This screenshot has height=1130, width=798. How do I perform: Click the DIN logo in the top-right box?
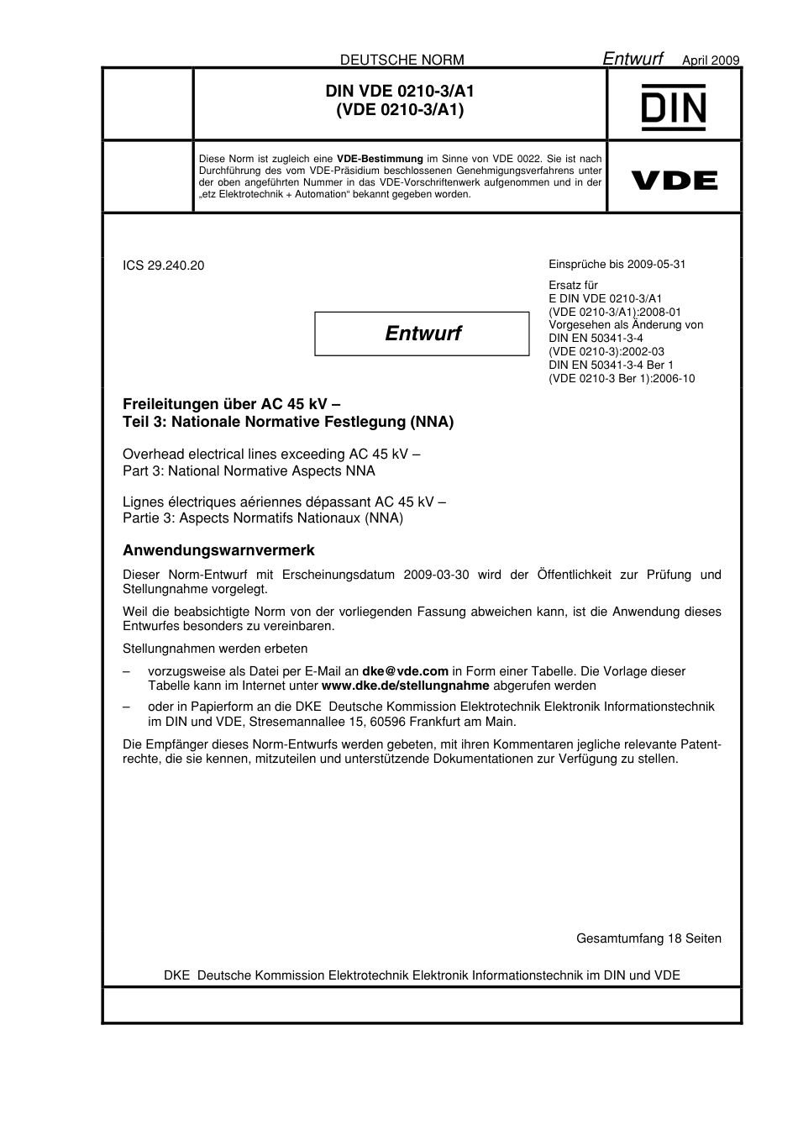coord(674,107)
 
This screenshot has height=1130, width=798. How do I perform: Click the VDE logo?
coord(674,180)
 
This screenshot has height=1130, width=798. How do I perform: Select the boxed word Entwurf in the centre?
coord(423,334)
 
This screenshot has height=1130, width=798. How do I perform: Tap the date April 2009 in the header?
coord(710,60)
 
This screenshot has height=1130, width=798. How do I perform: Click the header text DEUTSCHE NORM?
coord(402,60)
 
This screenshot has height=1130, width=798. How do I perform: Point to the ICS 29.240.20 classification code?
coord(163,265)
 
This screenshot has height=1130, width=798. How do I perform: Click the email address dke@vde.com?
coord(405,671)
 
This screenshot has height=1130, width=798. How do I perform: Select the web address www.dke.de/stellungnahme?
coord(405,686)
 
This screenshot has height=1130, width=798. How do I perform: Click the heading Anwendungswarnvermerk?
coord(218,551)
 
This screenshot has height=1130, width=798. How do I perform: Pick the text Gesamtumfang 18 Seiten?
coord(648,938)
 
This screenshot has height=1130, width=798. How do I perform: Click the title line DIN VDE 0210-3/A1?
coord(399,91)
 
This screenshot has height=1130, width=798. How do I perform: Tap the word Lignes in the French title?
coord(143,502)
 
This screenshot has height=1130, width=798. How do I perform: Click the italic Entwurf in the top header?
coord(633,58)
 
